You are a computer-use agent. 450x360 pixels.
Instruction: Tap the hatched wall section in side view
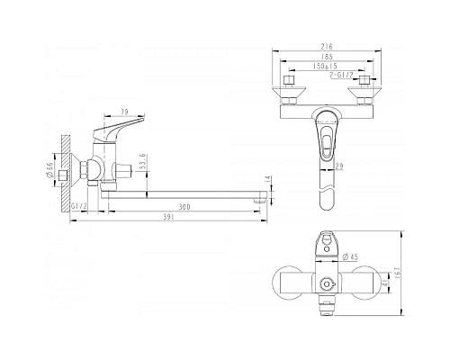(x=66, y=166)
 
